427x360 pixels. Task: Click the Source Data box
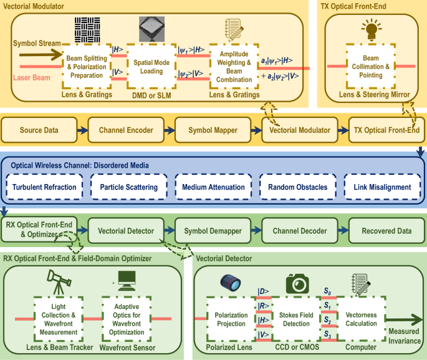pos(39,131)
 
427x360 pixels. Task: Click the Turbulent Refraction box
pos(44,187)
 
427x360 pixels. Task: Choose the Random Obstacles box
pos(297,187)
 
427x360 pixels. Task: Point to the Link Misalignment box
pos(381,187)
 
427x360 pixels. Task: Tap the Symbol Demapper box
pos(212,231)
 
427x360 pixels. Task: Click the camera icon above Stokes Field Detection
pos(297,283)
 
